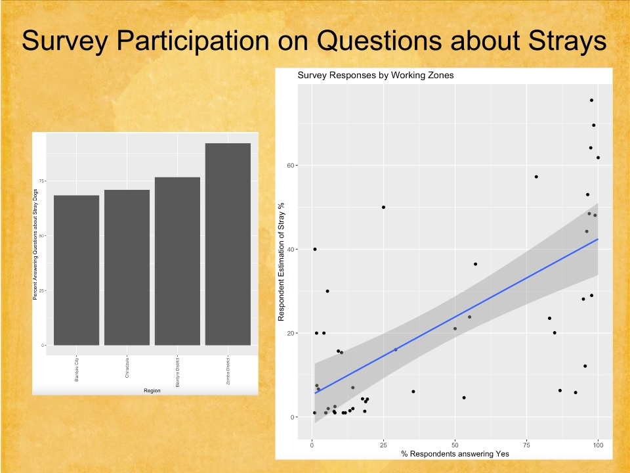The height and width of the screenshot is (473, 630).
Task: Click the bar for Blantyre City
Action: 76,270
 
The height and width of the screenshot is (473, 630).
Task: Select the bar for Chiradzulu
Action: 127,267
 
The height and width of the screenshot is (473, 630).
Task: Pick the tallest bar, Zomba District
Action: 228,244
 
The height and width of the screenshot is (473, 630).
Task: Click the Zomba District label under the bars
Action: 228,372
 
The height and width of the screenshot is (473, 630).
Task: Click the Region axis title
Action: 152,390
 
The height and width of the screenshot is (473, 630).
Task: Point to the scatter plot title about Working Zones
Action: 375,75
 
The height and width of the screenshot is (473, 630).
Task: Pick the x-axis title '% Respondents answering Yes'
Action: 455,454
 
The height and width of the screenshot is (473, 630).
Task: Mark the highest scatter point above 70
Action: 591,101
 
